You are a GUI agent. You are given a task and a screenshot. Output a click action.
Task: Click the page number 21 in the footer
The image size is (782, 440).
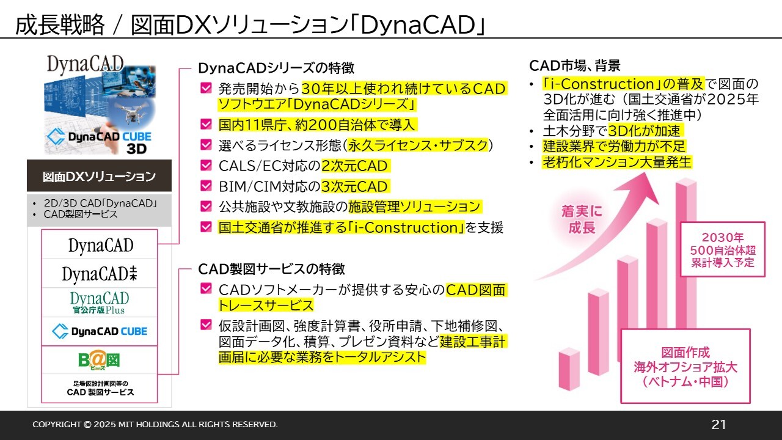pos(718,424)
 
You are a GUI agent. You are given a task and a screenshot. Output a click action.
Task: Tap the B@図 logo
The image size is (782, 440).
pos(99,361)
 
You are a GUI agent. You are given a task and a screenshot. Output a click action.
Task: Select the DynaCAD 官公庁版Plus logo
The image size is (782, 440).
pos(100,302)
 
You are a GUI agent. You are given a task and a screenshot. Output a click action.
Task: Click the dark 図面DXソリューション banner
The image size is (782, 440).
pos(99,175)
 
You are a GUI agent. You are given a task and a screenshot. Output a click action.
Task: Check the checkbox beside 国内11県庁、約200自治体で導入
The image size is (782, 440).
pos(206,124)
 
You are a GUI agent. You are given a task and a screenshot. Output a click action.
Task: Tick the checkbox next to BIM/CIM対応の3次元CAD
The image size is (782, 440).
pos(206,186)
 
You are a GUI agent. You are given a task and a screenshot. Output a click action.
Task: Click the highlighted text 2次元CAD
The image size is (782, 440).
pos(354,166)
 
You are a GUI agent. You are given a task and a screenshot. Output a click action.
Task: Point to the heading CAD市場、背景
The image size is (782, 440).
pos(575,65)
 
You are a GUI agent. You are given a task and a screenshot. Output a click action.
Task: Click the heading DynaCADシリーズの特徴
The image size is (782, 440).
pos(276,68)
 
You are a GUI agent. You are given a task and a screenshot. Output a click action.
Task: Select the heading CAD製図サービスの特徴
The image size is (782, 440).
pos(271,269)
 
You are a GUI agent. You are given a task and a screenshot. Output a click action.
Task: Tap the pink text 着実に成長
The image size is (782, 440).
pos(582,219)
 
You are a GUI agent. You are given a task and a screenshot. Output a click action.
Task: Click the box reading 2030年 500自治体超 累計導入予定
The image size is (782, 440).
pos(723,249)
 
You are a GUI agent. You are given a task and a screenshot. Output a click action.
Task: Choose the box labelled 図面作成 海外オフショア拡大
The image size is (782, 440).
pos(685,366)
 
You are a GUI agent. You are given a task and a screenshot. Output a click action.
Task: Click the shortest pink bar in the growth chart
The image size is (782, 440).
pos(569,369)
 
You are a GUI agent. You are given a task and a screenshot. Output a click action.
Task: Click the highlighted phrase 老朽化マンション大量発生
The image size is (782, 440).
pos(617,162)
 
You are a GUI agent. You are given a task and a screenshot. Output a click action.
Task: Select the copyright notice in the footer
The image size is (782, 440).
pos(155,424)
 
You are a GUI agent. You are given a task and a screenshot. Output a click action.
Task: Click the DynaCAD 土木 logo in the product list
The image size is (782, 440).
pos(100,273)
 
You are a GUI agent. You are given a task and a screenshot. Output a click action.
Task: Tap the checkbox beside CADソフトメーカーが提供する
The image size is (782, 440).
pos(206,288)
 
